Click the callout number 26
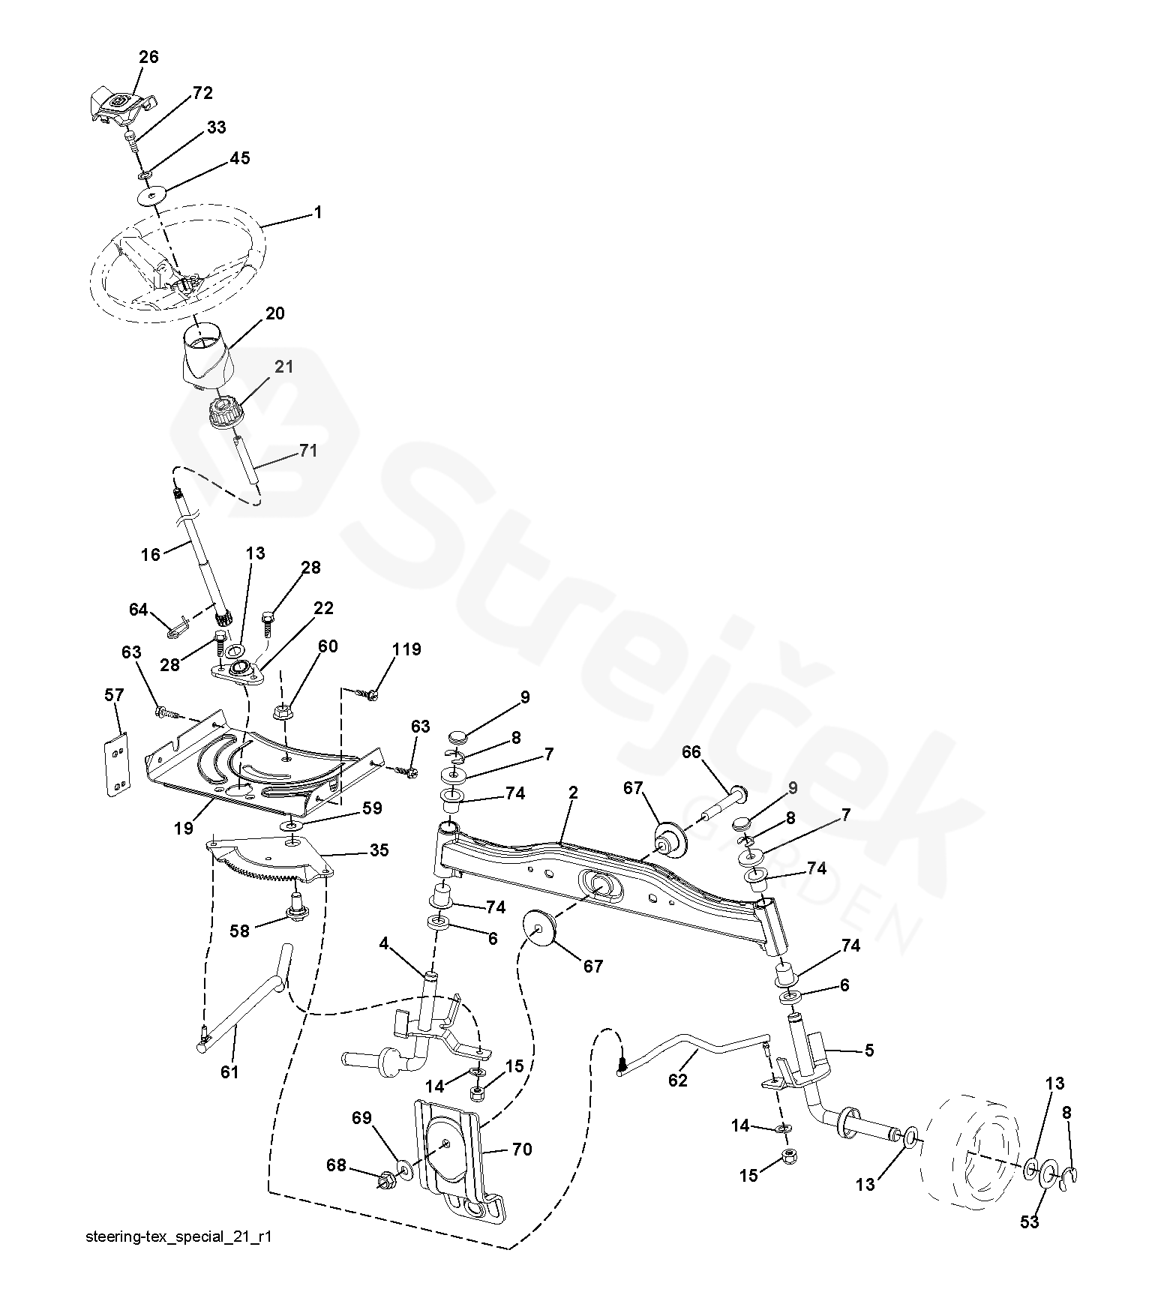click(148, 57)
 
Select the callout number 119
click(406, 649)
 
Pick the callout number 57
click(113, 697)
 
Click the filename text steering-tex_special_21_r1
click(178, 1257)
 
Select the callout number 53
click(1030, 1222)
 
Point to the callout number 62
click(677, 1081)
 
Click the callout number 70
click(522, 1149)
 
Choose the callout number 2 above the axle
click(572, 793)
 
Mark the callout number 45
click(239, 158)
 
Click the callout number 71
click(307, 451)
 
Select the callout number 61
click(229, 1072)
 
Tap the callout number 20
click(275, 313)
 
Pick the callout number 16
click(151, 554)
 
